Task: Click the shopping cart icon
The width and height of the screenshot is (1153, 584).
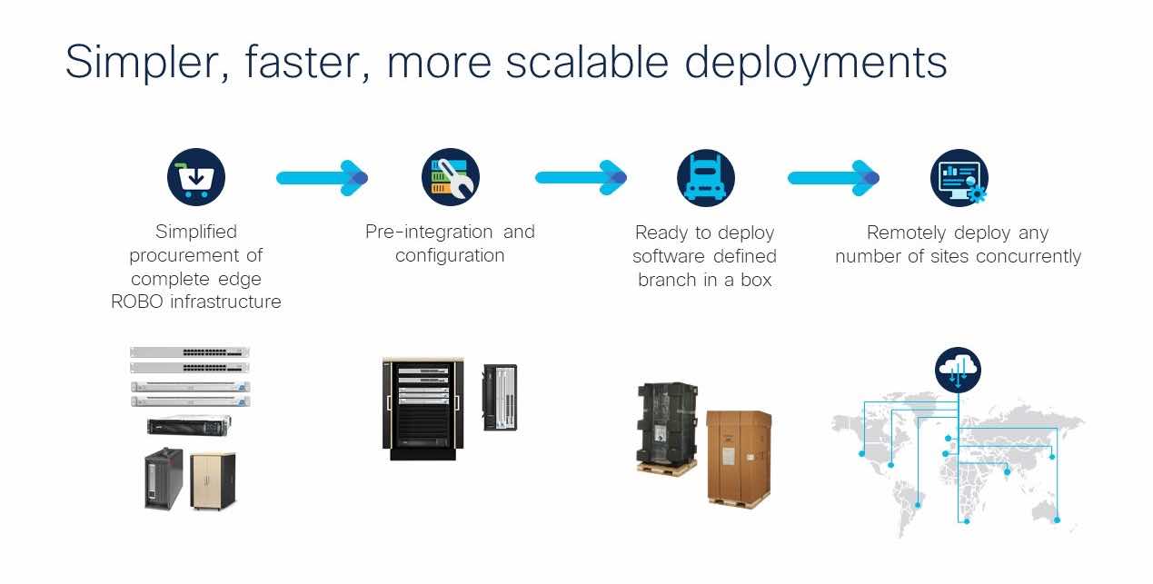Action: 195,177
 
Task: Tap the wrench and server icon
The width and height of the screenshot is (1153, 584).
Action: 450,177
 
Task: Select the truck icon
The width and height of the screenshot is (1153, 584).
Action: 705,177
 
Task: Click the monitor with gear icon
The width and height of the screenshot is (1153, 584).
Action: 959,178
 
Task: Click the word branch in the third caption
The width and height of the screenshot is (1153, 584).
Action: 666,281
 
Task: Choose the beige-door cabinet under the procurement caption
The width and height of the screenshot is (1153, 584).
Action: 213,480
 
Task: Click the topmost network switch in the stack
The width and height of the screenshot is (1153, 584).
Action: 189,352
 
